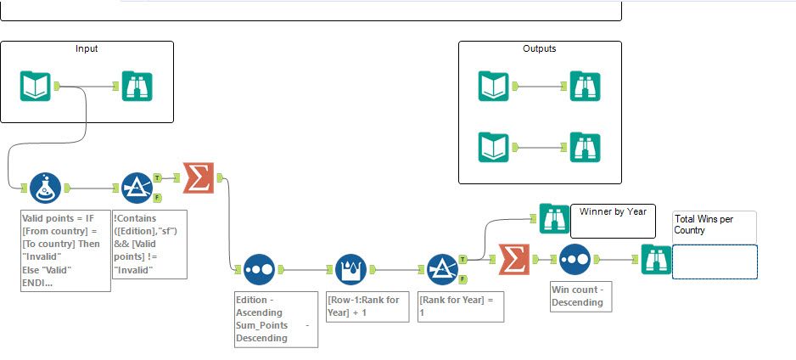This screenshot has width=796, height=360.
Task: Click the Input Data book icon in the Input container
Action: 36,87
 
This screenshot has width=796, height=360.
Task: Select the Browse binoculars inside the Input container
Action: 137,87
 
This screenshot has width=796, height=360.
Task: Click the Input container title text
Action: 87,49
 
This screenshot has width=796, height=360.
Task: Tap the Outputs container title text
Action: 540,49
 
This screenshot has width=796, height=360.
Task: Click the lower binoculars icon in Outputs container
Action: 585,147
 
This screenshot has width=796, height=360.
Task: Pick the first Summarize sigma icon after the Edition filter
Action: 199,177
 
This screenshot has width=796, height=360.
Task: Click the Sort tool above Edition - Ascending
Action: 259,269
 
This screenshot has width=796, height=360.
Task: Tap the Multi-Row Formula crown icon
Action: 350,269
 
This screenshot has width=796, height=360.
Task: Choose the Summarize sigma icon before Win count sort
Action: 514,259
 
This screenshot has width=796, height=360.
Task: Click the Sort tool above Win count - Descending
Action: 575,259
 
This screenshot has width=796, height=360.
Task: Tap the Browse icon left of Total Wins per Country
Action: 656,259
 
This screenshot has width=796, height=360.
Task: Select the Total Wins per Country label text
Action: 704,224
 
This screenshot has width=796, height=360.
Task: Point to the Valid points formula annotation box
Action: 65,251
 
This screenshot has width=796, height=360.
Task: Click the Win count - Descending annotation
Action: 577,295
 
